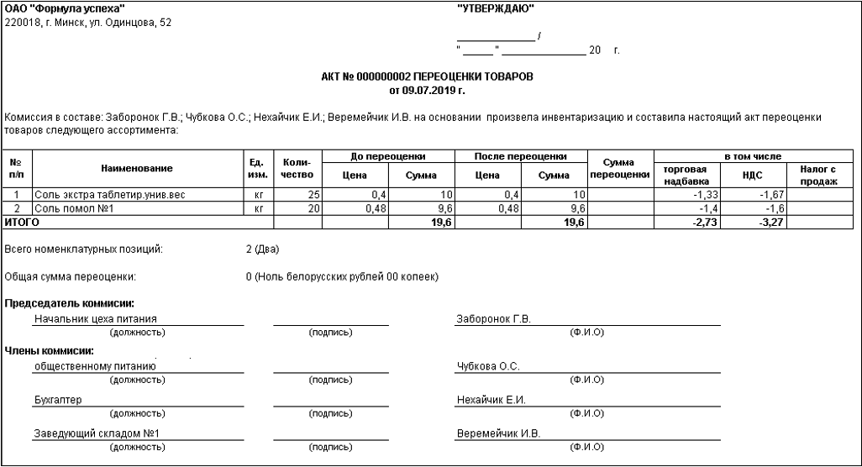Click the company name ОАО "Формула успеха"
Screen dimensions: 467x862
click(64, 8)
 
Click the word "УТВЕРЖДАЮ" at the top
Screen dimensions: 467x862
click(496, 8)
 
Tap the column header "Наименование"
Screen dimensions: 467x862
click(137, 169)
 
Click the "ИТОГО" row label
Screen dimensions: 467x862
click(23, 223)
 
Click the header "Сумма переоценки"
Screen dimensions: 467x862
click(619, 169)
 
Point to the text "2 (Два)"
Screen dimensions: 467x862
click(261, 249)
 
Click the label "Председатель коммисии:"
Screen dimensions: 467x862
click(70, 303)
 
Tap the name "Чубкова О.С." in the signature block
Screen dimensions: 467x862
click(487, 366)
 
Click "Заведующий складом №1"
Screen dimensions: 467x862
click(97, 433)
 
